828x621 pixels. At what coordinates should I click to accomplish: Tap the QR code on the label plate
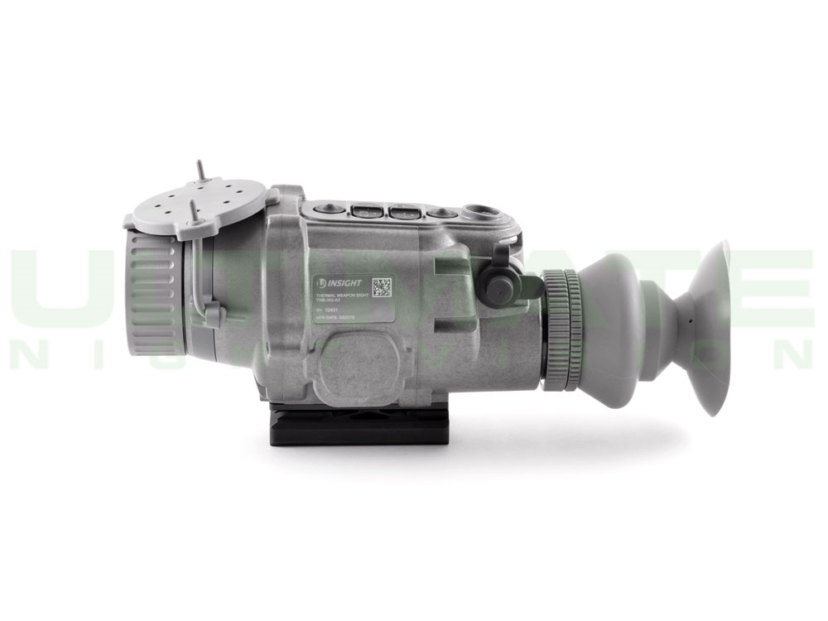coord(383,287)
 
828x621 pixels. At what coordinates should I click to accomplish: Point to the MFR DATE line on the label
coord(339,317)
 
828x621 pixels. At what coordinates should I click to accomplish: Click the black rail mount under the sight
coord(359,429)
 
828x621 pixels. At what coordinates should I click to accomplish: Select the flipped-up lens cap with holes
coord(199,203)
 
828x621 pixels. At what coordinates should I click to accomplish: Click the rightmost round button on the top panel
coord(440,214)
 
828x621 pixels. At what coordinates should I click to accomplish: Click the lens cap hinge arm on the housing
coord(212,315)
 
